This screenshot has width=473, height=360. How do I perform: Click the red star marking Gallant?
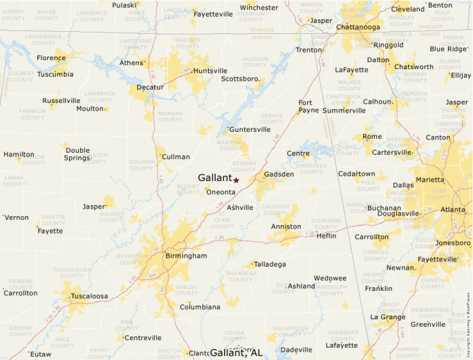(x=236, y=180)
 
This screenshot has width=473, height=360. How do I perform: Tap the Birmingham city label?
(x=186, y=256)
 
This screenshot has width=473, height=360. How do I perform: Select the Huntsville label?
(x=210, y=70)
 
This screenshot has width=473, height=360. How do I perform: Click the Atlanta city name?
(x=453, y=209)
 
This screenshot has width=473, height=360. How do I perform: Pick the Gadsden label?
(x=279, y=174)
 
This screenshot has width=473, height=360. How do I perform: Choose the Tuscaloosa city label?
(x=89, y=296)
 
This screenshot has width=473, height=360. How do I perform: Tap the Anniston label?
(x=286, y=226)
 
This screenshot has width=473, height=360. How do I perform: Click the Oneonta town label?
(x=221, y=192)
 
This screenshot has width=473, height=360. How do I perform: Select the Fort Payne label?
(x=308, y=106)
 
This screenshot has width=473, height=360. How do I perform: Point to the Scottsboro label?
(x=240, y=79)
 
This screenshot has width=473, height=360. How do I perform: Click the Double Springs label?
(x=77, y=154)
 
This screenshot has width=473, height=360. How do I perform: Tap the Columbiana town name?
(x=200, y=307)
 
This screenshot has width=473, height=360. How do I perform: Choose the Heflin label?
(x=326, y=236)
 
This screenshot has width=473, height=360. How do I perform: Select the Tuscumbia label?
(x=55, y=74)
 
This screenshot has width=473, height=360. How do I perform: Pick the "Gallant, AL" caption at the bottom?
(x=236, y=352)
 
